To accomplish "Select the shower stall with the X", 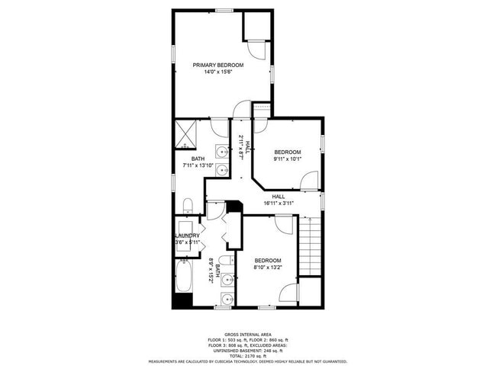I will point(185,133).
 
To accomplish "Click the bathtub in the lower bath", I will point(184,276).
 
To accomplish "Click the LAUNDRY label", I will point(187,236).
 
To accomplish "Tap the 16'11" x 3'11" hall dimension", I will point(278,204).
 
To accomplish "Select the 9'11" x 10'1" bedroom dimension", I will point(288,159).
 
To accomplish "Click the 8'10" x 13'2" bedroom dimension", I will point(268,268).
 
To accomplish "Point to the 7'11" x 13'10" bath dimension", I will point(198,165).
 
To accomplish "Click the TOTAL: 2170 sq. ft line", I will point(248,356).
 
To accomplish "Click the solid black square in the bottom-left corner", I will point(180,300).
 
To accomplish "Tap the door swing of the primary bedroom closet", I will point(260,48).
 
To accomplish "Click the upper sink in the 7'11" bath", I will point(221,149).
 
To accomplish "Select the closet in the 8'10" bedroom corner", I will point(310,292).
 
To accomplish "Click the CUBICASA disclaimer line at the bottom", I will point(248,362).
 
